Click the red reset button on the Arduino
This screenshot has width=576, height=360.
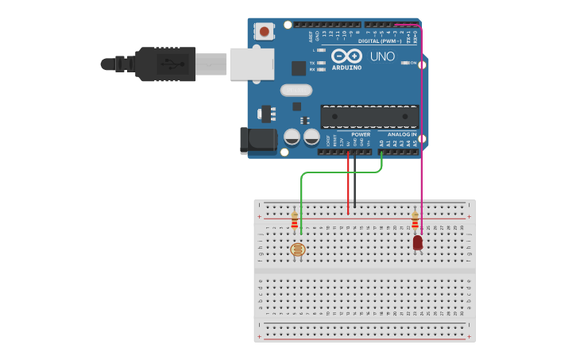264,32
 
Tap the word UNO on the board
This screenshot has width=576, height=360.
383,56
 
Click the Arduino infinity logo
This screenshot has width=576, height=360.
346,56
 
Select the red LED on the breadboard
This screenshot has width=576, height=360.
418,242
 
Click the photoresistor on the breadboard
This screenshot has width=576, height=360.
298,250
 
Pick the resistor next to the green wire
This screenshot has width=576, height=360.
295,220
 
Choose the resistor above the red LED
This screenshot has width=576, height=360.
415,220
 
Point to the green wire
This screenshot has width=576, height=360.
302,191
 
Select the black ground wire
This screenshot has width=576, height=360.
355,183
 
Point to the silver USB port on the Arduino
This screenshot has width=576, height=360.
252,64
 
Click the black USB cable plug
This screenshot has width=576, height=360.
165,64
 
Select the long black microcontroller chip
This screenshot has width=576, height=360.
369,117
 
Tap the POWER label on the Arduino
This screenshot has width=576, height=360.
361,134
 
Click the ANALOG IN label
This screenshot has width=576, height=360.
403,134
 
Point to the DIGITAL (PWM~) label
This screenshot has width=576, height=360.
379,41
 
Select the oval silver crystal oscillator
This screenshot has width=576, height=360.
296,90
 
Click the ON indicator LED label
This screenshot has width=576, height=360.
412,63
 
